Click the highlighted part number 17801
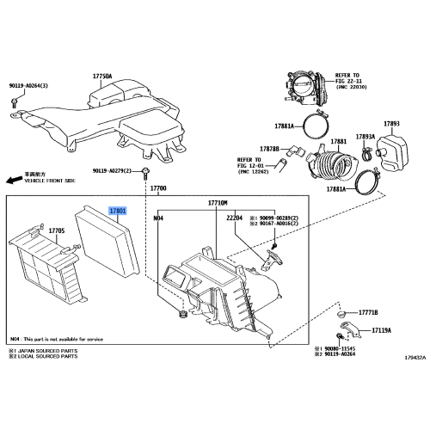pyautogui.click(x=117, y=210)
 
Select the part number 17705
pyautogui.click(x=57, y=230)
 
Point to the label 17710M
pyautogui.click(x=217, y=203)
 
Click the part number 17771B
pyautogui.click(x=369, y=315)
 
